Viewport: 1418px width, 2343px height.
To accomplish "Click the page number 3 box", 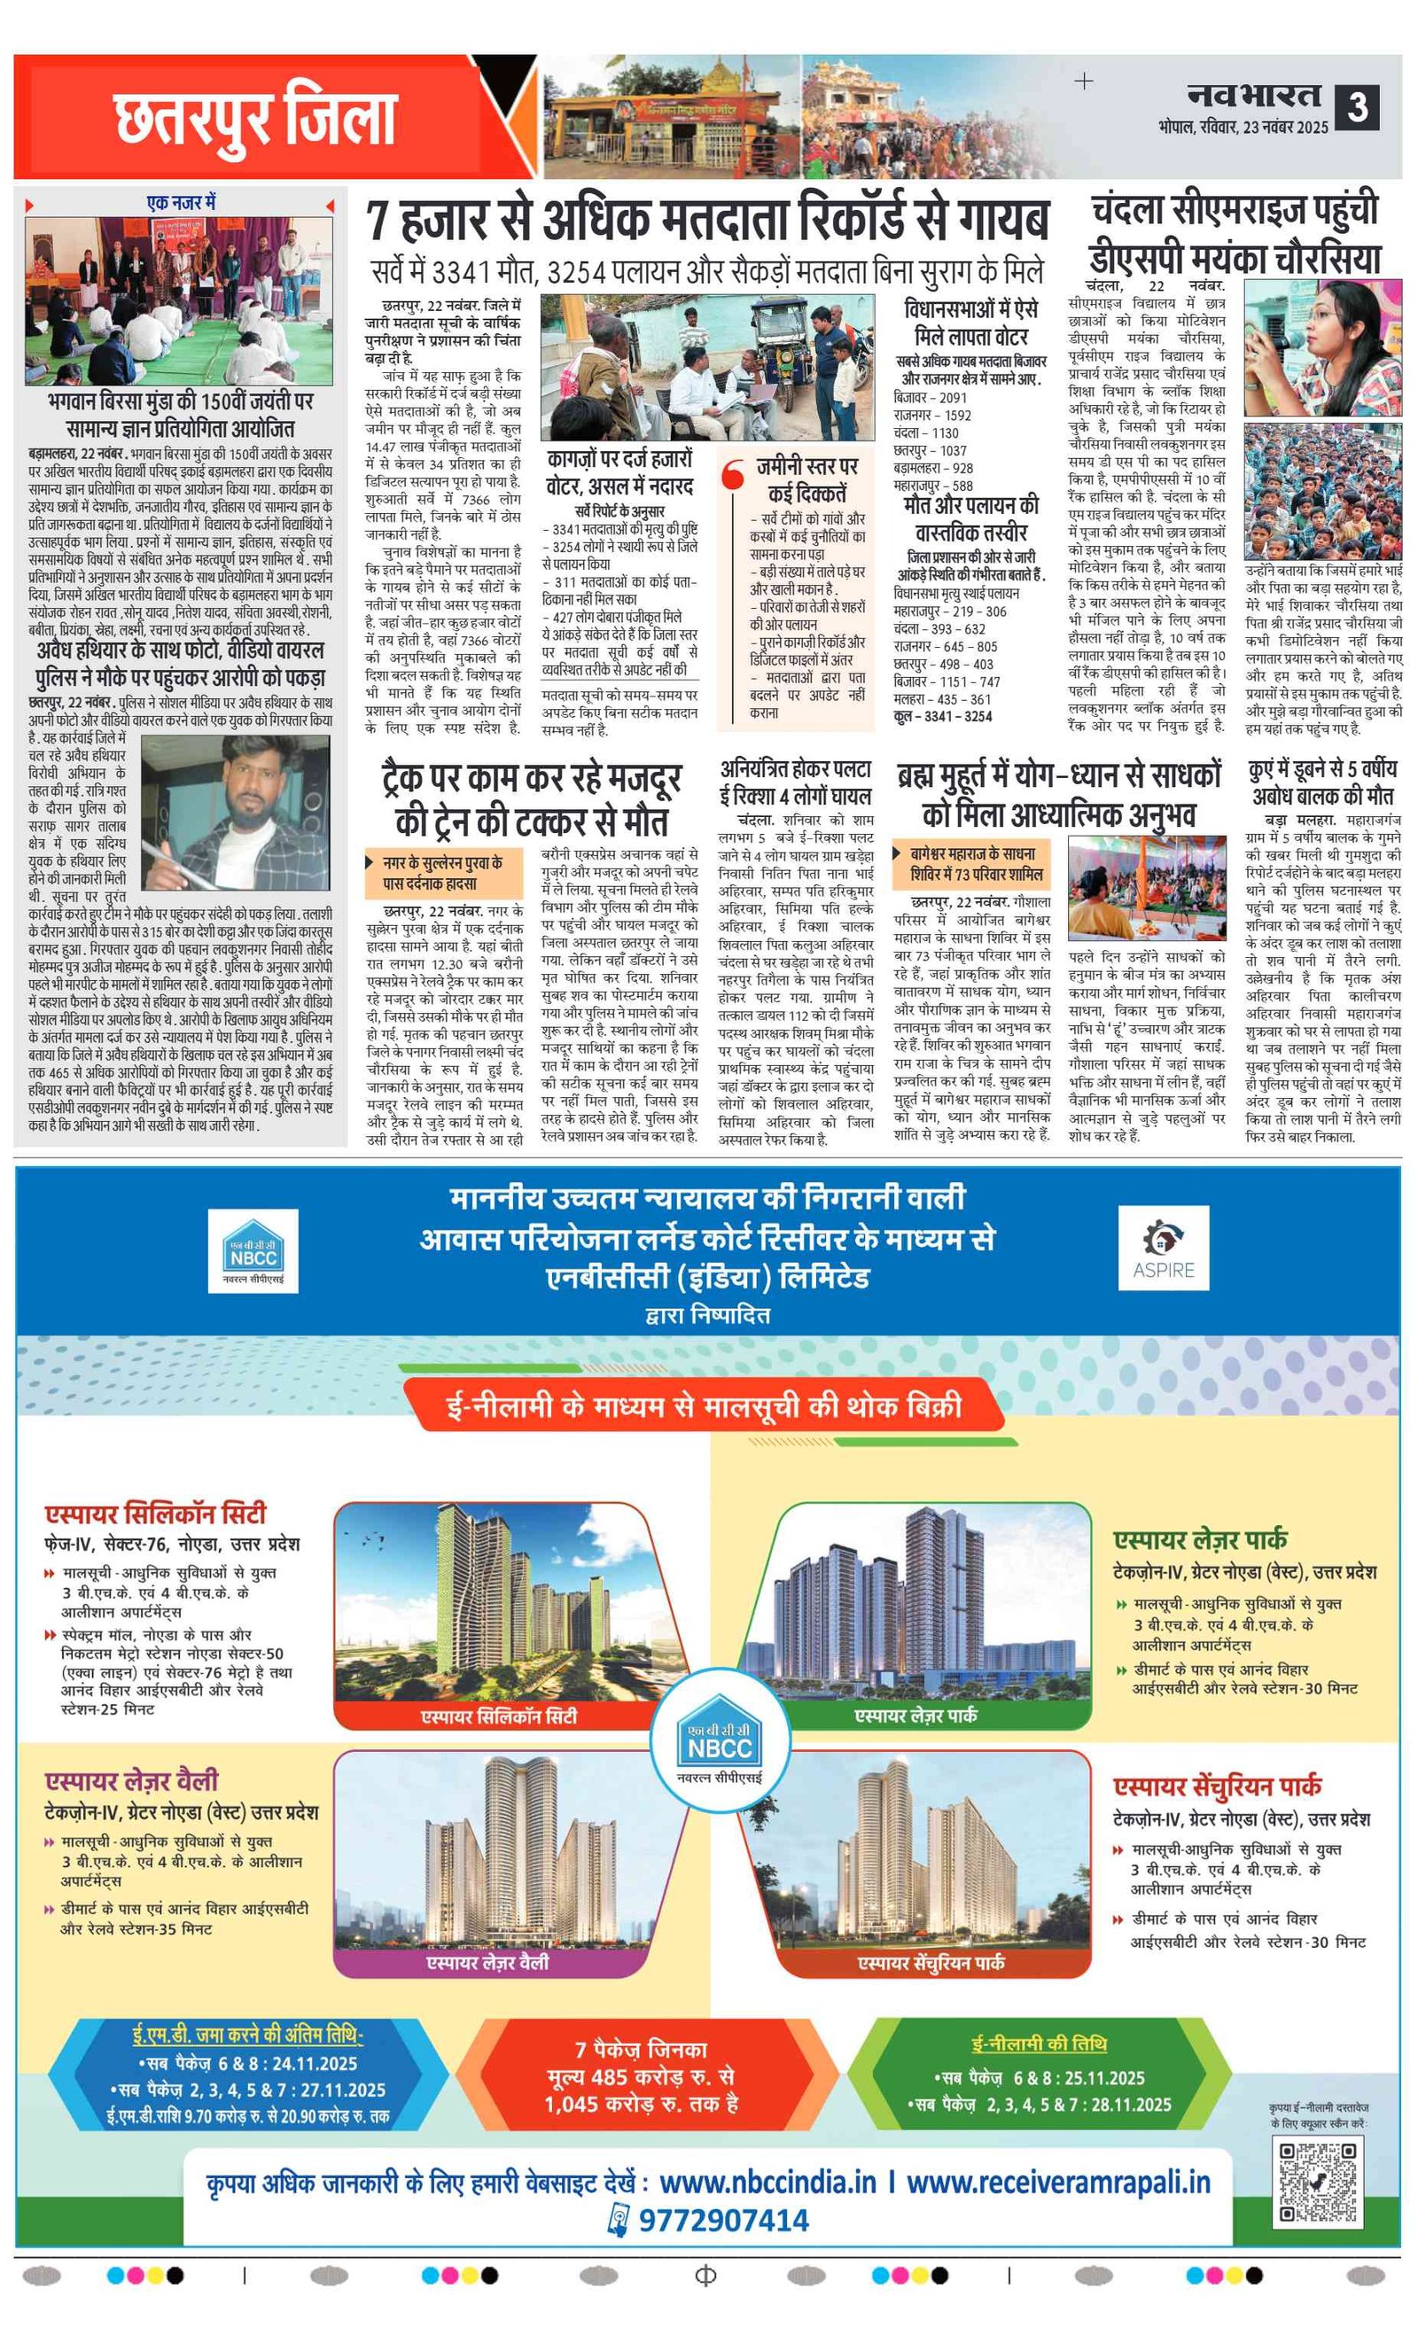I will pyautogui.click(x=1356, y=107).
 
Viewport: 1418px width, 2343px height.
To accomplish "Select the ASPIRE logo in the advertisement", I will pyautogui.click(x=1162, y=1248).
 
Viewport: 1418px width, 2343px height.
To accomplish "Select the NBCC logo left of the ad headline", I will pyautogui.click(x=253, y=1250).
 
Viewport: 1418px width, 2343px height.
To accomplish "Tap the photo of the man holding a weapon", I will pyautogui.click(x=235, y=812).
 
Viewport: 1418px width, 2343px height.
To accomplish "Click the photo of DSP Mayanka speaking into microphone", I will pyautogui.click(x=1322, y=348).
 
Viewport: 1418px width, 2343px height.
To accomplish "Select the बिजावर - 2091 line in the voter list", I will pyautogui.click(x=929, y=398).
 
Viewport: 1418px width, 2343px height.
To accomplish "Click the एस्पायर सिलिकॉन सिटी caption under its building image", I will pyautogui.click(x=498, y=1716).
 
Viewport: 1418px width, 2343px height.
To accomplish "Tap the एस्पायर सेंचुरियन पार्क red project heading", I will pyautogui.click(x=1217, y=1786).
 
